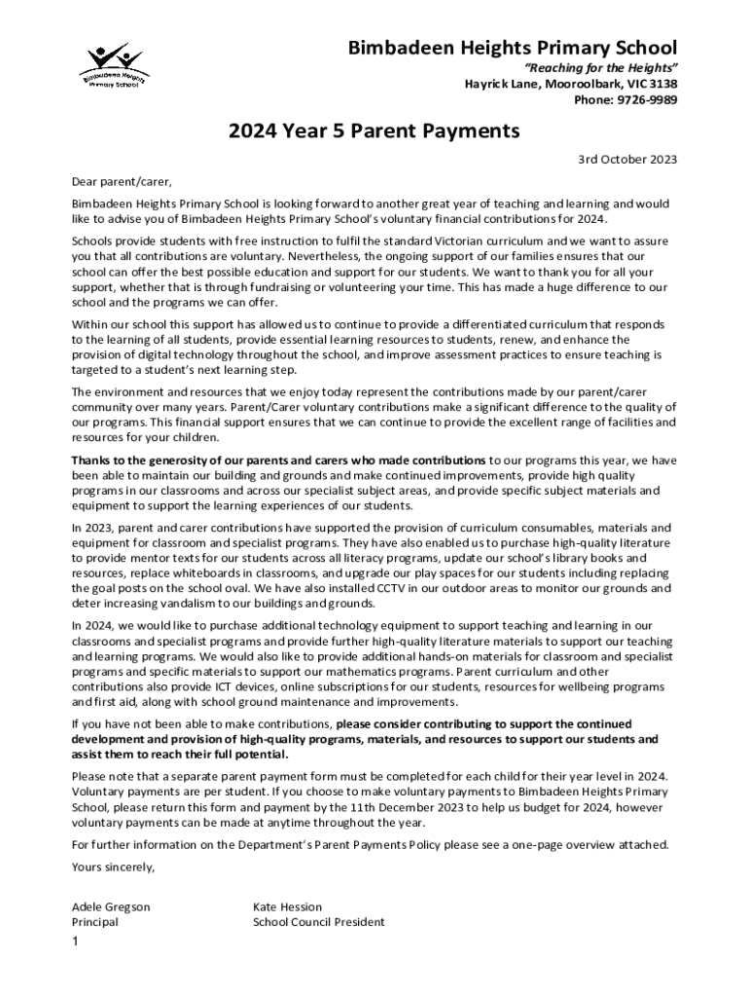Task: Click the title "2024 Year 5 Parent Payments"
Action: [x=374, y=129]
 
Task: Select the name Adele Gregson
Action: [x=111, y=906]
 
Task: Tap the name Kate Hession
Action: [x=287, y=906]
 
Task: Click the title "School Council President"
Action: [x=318, y=922]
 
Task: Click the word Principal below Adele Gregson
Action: [x=95, y=922]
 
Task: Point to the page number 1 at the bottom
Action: [x=75, y=942]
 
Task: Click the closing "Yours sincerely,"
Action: [x=113, y=866]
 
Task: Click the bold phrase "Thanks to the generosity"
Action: [x=149, y=460]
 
